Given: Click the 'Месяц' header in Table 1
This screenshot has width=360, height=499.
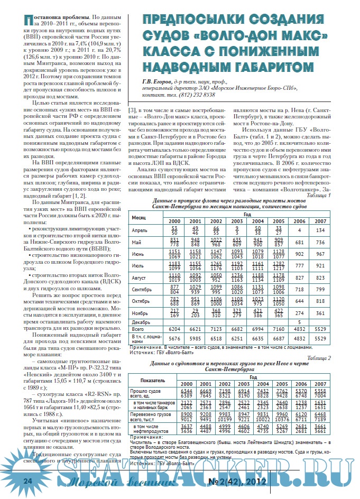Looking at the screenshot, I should pyautogui.click(x=139, y=217).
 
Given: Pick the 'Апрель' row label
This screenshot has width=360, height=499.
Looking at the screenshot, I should pyautogui.click(x=140, y=230).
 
